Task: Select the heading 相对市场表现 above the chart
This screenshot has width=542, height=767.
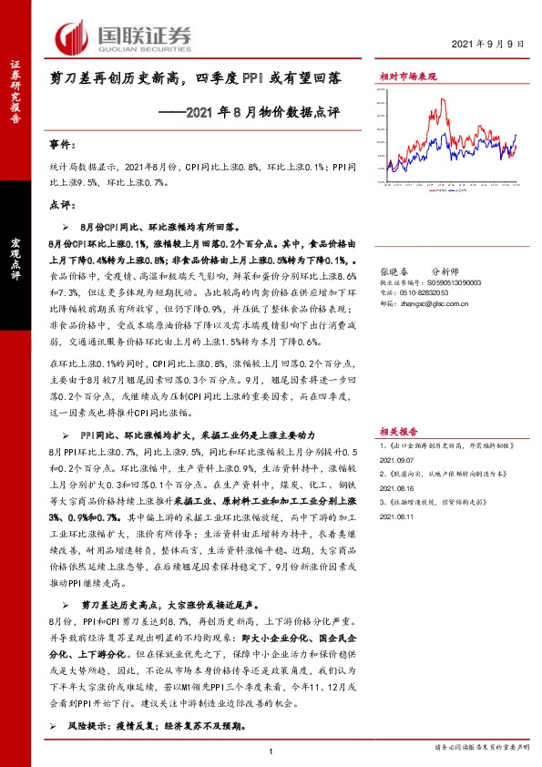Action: coord(408,79)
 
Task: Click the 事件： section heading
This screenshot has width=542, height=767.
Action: coord(61,145)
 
